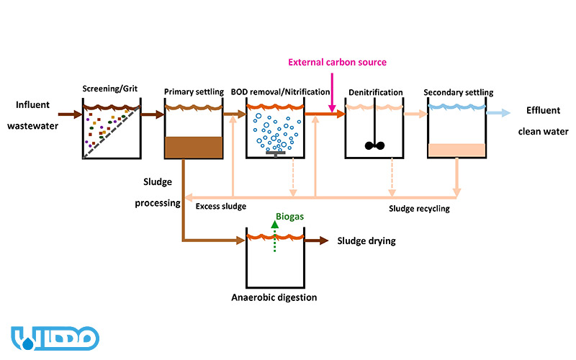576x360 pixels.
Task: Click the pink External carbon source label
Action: (x=337, y=63)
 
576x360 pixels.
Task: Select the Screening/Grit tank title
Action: (x=111, y=92)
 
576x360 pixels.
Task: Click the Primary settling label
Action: (x=192, y=92)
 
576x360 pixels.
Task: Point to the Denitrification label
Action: (x=375, y=93)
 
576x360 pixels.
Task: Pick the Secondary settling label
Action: (x=459, y=92)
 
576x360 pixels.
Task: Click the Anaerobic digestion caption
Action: (x=274, y=297)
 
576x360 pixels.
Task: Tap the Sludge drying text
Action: (x=366, y=241)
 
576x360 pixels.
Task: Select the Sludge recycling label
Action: (x=419, y=209)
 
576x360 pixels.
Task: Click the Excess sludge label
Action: (x=221, y=207)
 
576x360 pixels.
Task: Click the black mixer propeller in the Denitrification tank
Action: (x=375, y=145)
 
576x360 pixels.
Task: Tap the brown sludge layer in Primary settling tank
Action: (x=193, y=147)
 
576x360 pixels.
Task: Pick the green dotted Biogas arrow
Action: (x=275, y=238)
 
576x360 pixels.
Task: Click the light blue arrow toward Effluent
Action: (x=499, y=113)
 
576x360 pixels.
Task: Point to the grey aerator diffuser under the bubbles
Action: (x=275, y=153)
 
